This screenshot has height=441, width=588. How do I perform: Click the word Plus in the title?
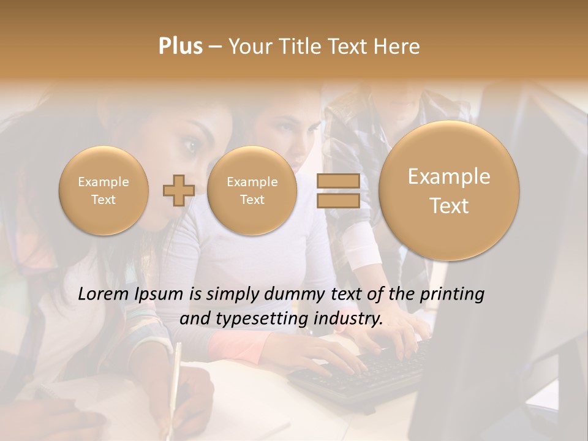[180, 47]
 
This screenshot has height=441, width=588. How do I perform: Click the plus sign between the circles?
[178, 190]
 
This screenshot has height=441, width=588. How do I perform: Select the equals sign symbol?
[337, 190]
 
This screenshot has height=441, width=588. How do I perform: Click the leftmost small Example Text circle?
[103, 190]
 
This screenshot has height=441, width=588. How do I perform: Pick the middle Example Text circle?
[252, 190]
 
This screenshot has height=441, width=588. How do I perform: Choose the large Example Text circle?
[449, 190]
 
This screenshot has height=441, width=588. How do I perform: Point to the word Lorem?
[105, 295]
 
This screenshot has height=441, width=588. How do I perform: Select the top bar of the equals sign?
[337, 181]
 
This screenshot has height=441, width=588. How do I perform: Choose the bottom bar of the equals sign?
[337, 200]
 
